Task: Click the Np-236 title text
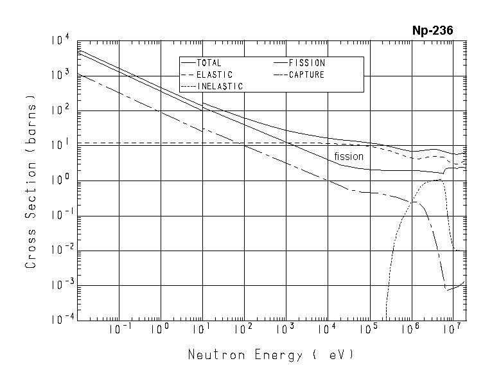[x=432, y=31]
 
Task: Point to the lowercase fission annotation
[x=349, y=156]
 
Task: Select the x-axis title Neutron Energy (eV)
[x=270, y=355]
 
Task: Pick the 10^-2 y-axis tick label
[x=59, y=251]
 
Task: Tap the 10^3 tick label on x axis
[x=285, y=330]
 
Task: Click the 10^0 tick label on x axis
[x=160, y=330]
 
